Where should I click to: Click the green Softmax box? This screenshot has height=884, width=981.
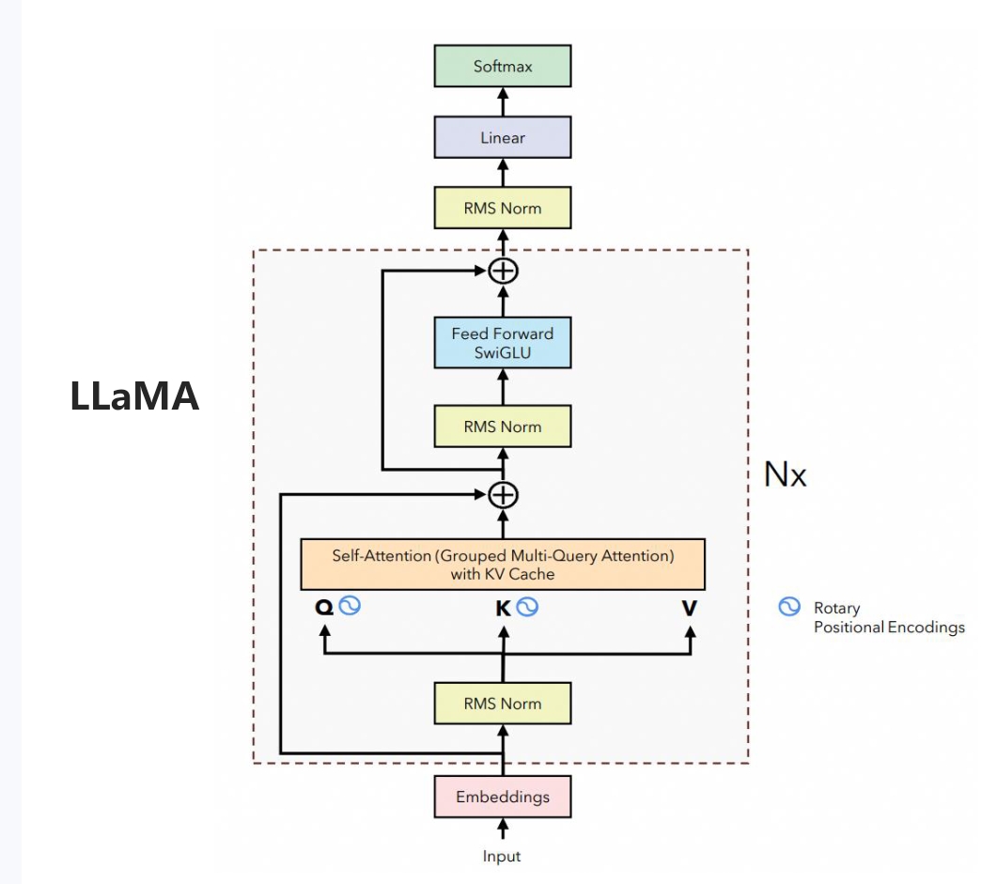[x=502, y=67]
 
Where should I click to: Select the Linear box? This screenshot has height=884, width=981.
[x=502, y=137]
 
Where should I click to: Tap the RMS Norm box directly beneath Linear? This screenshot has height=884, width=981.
[x=502, y=208]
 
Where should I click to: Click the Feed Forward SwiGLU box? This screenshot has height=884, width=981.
[x=502, y=342]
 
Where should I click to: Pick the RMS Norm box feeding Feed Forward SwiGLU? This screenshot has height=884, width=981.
[x=502, y=426]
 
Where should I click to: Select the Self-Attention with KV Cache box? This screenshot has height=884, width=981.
[x=502, y=564]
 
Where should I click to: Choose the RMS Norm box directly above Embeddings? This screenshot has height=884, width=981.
[x=502, y=703]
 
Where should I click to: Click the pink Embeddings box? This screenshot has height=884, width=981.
[x=502, y=797]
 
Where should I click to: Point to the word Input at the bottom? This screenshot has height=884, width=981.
[x=502, y=856]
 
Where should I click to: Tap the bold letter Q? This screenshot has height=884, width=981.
[x=324, y=608]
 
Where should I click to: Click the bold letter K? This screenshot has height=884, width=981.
[x=503, y=608]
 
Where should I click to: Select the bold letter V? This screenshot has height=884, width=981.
[x=690, y=608]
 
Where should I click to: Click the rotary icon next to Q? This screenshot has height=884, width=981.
[x=350, y=606]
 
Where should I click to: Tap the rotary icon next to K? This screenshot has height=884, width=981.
[x=527, y=607]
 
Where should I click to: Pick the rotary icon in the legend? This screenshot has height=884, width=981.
[x=789, y=607]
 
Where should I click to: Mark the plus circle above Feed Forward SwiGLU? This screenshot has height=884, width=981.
[x=504, y=271]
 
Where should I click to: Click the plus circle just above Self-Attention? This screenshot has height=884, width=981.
[x=504, y=493]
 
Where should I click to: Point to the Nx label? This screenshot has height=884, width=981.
[x=785, y=474]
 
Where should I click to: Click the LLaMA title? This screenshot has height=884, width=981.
[x=134, y=396]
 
